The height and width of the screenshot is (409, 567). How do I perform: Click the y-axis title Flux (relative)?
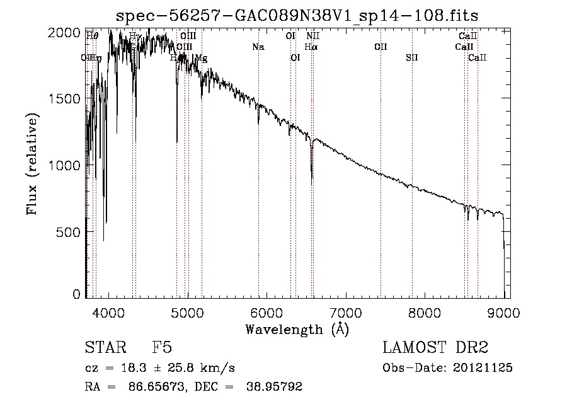point(32,163)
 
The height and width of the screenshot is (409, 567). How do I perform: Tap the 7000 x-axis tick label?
point(346,312)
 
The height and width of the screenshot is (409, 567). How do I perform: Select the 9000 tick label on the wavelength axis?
point(504,312)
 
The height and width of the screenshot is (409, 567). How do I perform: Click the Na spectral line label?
point(258,47)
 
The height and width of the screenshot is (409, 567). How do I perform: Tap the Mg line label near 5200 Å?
point(201,58)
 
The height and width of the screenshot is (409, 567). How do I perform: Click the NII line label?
point(313,36)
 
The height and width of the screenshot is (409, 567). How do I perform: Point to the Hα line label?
point(311,47)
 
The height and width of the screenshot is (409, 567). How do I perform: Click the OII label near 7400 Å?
point(381,47)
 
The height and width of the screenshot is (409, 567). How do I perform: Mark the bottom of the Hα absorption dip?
point(312,180)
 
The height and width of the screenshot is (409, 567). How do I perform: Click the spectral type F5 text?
point(162,348)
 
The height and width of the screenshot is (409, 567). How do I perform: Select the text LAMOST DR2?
point(435,348)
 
